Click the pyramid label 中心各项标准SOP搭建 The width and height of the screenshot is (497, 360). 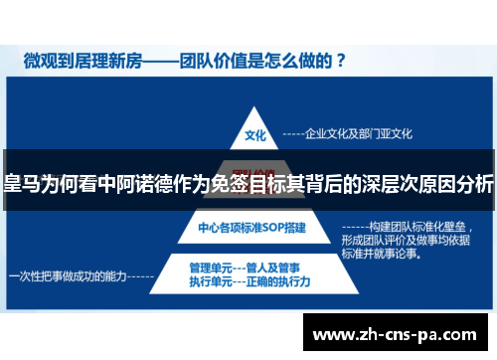point(252,228)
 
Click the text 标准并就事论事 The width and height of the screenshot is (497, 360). point(379,254)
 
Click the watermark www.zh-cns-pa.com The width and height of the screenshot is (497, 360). point(398,334)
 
